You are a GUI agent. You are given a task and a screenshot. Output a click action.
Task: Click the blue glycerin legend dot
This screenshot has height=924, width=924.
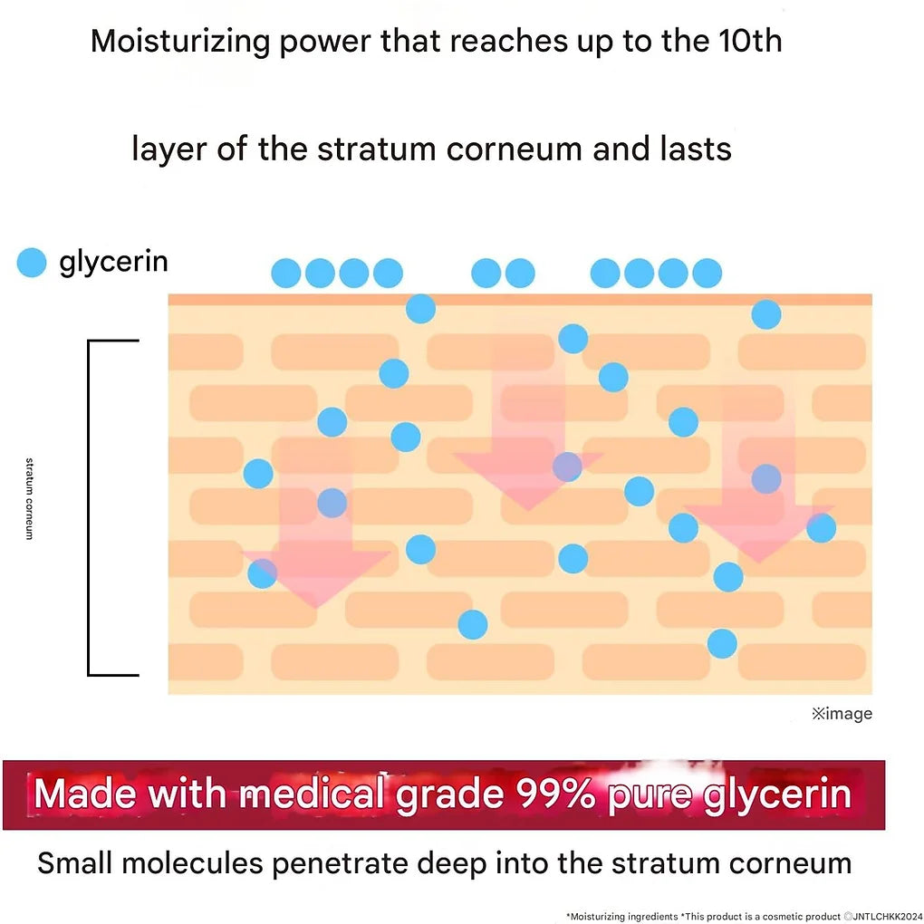point(31,262)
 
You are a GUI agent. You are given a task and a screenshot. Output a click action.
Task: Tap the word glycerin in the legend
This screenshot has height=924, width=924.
point(114,262)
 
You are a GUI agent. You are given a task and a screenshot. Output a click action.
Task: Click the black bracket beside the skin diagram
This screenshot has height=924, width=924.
point(89,507)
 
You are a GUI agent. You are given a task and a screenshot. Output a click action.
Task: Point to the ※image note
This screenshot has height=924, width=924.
point(842,714)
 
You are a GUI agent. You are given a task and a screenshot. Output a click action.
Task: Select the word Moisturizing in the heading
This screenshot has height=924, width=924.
point(180,43)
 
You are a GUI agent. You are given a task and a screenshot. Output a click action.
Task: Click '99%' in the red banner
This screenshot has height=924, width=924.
point(555,794)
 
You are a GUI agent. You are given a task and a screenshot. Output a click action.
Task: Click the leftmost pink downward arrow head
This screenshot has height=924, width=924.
point(316,579)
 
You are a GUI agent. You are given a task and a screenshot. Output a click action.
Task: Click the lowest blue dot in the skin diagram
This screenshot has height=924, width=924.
point(722,643)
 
